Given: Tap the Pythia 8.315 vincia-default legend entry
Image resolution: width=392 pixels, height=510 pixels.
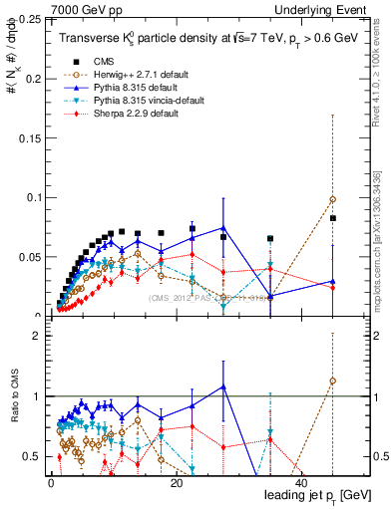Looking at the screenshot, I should coord(146,101).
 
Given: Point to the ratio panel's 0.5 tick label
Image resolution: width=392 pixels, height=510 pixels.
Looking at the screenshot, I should coord(32,456).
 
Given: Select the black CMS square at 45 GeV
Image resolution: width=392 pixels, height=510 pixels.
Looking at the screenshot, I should coord(333,218).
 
